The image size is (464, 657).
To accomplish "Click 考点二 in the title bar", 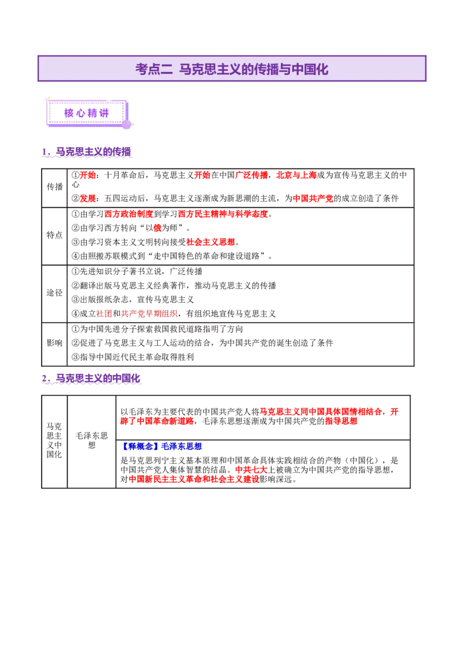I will coord(154,69).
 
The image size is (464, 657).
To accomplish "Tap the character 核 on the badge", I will coord(69,113).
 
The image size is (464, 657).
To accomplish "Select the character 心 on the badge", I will coord(81,113).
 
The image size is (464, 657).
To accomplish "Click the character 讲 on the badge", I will coord(104,113).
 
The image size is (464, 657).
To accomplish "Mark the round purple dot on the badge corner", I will coord(126,124).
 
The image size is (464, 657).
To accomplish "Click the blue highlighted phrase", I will coord(162,446).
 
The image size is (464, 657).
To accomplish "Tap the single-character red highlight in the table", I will coord(157,228).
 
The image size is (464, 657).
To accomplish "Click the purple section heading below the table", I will coord(93,379).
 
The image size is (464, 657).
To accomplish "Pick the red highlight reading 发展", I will coord(88,198).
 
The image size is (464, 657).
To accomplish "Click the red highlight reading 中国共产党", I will coord(313,198).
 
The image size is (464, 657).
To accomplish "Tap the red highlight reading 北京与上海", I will coord(296,175).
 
